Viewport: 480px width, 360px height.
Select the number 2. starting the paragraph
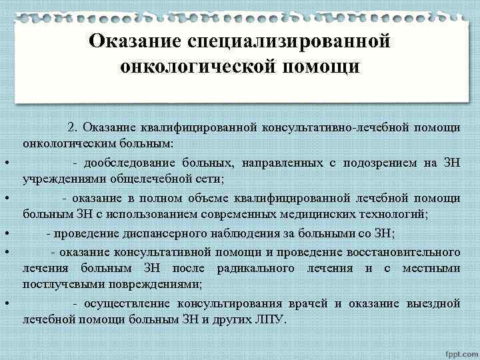73,127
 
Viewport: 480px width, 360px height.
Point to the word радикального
258,268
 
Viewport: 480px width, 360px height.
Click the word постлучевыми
58,285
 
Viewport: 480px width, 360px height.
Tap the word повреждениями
146,285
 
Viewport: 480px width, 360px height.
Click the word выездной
433,303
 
